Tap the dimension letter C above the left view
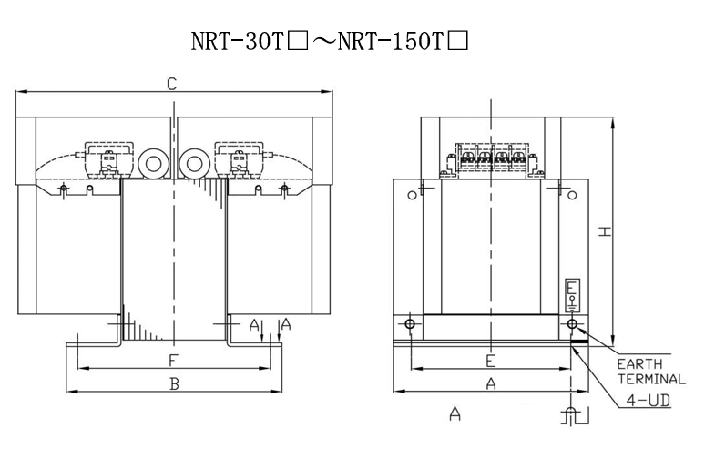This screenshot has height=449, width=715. tap(171, 85)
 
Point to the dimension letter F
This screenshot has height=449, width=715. tap(172, 361)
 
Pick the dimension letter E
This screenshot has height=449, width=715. tap(490, 360)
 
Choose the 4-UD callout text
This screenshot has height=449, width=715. tap(648, 400)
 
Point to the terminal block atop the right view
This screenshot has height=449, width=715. tap(491, 159)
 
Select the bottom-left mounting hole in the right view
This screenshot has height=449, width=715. tap(411, 324)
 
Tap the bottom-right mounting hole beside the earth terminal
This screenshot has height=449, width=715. tap(572, 324)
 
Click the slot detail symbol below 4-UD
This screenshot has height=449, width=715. tap(571, 417)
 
